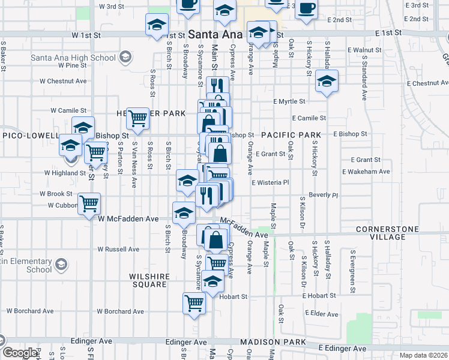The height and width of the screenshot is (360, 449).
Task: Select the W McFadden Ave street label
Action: (128, 219)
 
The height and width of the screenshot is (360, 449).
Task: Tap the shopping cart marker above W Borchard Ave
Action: (194, 303)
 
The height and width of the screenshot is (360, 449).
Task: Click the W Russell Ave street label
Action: (118, 249)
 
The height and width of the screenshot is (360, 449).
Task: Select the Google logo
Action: (20, 353)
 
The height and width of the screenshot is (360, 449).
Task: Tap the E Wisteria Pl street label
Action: (270, 182)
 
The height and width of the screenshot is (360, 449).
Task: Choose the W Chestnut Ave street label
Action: (63, 81)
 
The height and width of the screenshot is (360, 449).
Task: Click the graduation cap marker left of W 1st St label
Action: (157, 25)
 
